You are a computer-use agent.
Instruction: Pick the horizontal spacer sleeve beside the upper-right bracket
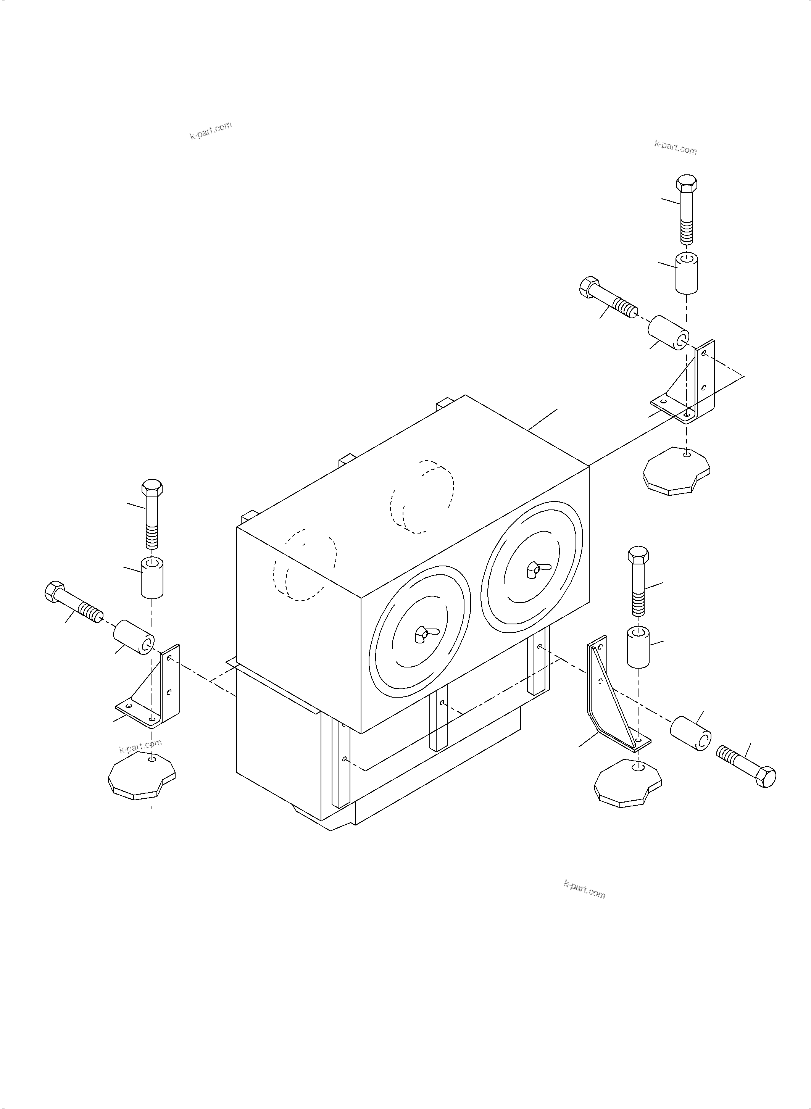coord(669,333)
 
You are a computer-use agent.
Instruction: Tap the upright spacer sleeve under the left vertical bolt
coord(152,577)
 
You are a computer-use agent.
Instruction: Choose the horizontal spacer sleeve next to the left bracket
coord(134,637)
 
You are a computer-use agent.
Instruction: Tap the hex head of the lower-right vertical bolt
coord(638,555)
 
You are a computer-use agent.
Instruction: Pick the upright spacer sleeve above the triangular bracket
coord(638,646)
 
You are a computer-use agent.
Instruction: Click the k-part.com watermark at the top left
coord(211,131)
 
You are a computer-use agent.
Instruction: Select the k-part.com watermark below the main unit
coord(584,890)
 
